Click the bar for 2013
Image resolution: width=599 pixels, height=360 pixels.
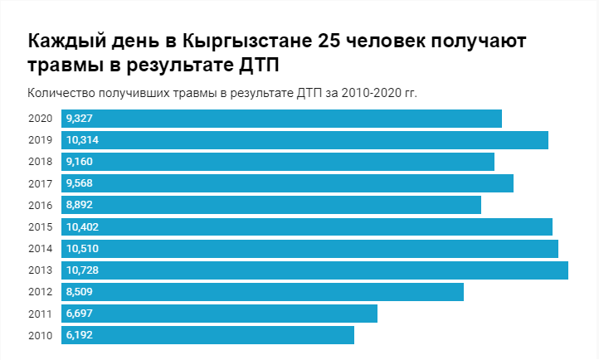tap(315, 270)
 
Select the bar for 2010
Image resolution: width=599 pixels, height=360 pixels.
tap(207, 335)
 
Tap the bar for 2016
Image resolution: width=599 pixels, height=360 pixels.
tap(271, 205)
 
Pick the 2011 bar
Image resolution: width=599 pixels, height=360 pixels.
tap(219, 314)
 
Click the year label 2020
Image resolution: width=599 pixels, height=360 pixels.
tap(40, 119)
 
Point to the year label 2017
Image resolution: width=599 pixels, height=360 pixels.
tap(40, 183)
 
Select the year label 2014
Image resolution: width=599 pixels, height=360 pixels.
tap(40, 248)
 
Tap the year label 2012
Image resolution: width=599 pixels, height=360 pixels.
tap(40, 291)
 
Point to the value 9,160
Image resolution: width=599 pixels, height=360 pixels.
tap(80, 162)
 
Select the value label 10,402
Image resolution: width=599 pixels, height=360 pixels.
tap(83, 226)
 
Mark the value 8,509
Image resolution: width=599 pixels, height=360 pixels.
tap(80, 291)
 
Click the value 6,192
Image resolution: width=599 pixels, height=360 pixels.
tap(80, 335)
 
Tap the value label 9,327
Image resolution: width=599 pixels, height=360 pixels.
tap(80, 119)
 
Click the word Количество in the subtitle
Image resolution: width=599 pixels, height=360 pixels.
tap(58, 92)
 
